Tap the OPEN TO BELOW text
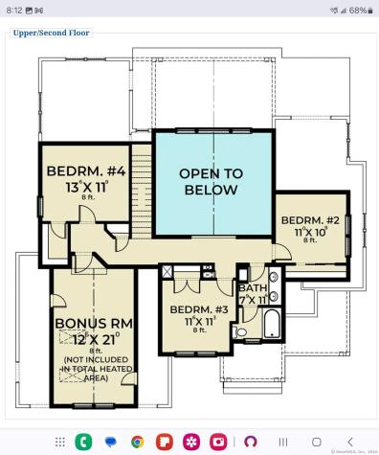coord(212,182)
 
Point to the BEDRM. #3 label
coord(199,309)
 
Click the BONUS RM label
coord(93,324)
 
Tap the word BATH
coord(254,288)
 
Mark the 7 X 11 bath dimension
coord(254,300)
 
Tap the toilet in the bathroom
coord(240,331)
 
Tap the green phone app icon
coord(83,442)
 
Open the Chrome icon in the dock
coord(137,442)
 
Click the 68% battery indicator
coord(356,10)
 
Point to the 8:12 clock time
coord(14,10)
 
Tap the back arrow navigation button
coord(350,442)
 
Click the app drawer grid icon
coord(59,442)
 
